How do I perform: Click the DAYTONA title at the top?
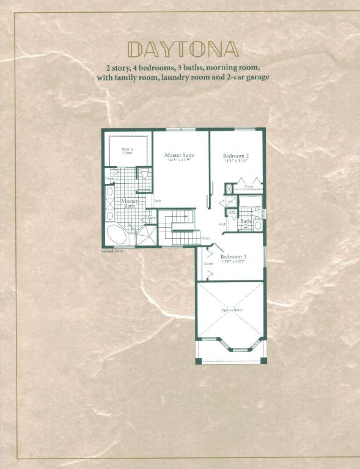pyautogui.click(x=182, y=48)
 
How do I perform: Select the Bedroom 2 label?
pyautogui.click(x=235, y=156)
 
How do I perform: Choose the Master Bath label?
pyautogui.click(x=130, y=203)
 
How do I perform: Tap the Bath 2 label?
pyautogui.click(x=244, y=224)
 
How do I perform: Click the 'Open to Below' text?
pyautogui.click(x=231, y=310)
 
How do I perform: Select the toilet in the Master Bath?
pyautogui.click(x=143, y=174)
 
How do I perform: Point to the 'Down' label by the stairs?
pyautogui.click(x=205, y=238)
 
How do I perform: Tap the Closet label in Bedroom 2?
pyautogui.click(x=248, y=186)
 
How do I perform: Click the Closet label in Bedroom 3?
pyautogui.click(x=208, y=264)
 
